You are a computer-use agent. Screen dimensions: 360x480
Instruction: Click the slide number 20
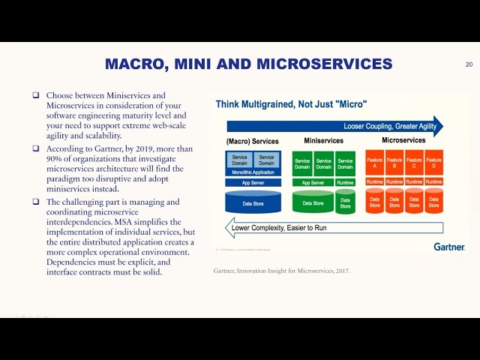point(469,64)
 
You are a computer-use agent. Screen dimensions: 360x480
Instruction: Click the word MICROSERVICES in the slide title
point(324,64)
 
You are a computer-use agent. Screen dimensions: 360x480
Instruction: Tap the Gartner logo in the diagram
point(448,247)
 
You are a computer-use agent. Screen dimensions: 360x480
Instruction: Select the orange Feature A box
point(374,162)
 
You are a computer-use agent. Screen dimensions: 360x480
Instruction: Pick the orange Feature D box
point(433,162)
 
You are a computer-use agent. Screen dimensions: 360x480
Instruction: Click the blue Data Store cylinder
point(253,202)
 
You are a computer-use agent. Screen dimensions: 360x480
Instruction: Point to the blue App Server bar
point(253,182)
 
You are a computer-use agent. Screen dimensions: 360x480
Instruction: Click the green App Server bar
point(313,182)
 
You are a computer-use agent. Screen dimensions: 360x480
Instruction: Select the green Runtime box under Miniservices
point(345,182)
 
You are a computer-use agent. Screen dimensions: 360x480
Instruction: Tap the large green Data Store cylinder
point(313,202)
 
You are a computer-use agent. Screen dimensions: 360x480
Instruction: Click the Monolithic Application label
point(253,172)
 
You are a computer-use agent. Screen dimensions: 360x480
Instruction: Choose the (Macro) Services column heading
point(252,141)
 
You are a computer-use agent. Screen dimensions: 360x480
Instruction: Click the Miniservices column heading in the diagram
point(324,140)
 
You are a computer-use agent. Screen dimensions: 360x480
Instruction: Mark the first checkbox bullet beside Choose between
point(35,95)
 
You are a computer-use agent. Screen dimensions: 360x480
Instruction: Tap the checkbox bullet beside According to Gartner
point(35,148)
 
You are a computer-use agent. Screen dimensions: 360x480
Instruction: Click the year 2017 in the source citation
point(340,271)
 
